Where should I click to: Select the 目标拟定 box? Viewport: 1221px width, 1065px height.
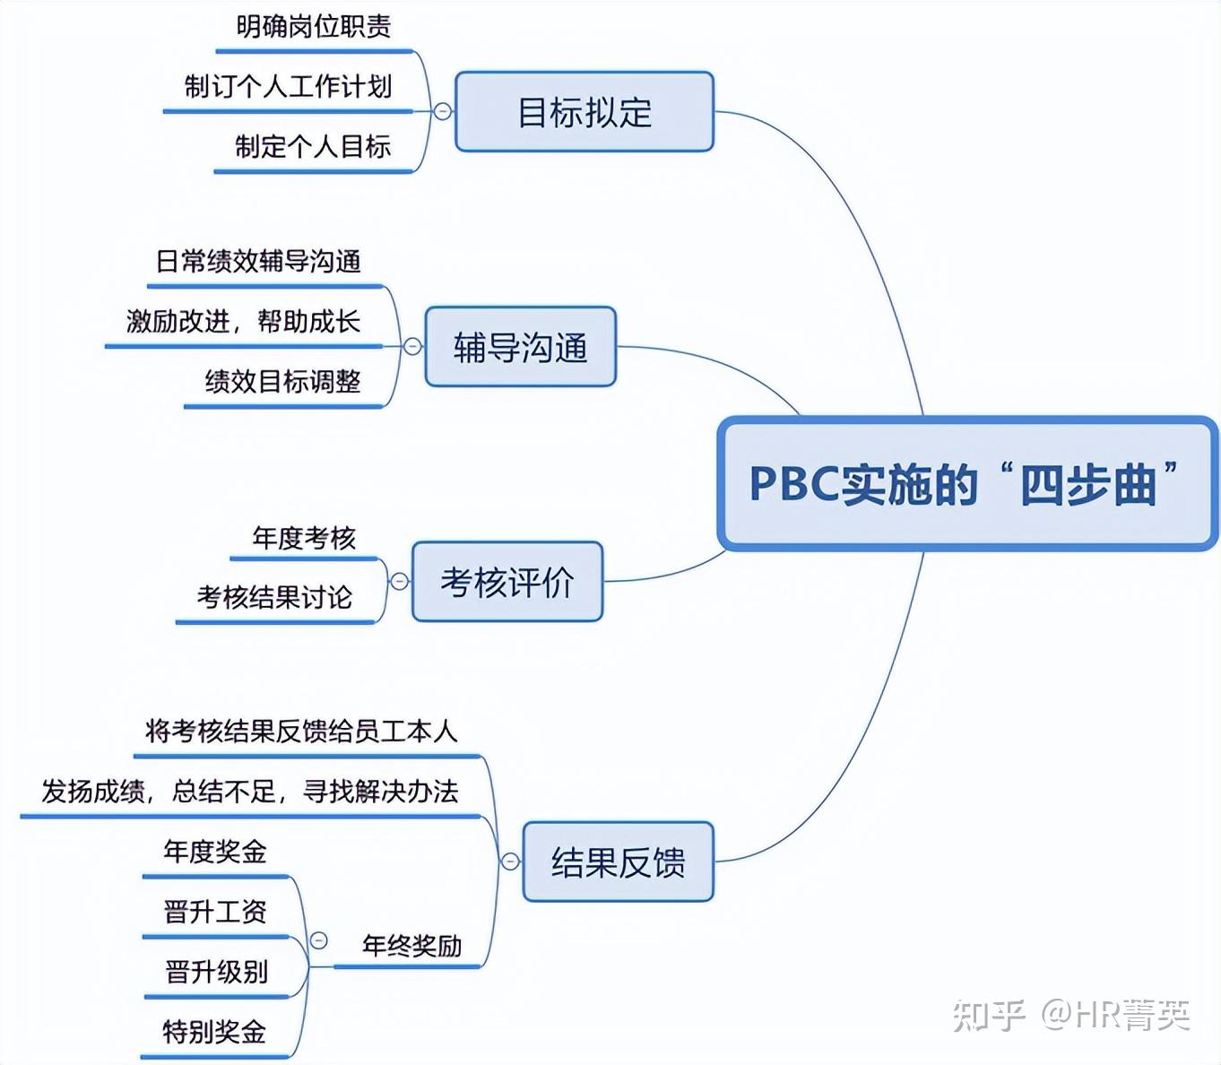(585, 112)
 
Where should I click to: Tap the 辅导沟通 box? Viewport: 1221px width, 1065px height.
(520, 347)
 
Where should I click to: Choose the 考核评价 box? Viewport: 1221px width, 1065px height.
(507, 582)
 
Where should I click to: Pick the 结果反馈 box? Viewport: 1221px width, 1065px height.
(618, 862)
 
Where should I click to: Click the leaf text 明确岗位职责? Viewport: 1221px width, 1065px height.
(314, 27)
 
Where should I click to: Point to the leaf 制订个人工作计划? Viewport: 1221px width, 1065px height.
(288, 87)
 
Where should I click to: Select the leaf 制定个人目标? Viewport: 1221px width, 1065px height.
(313, 146)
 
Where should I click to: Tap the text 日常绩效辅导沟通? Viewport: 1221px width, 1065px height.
(258, 262)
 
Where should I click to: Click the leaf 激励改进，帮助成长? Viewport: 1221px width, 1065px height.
(243, 321)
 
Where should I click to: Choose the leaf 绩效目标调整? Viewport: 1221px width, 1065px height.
(282, 382)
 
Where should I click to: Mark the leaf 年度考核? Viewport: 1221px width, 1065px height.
(304, 538)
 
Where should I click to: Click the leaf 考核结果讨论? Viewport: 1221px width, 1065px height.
(274, 597)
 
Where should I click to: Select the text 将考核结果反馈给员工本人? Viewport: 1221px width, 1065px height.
(301, 732)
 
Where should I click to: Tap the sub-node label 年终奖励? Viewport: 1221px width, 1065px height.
(411, 946)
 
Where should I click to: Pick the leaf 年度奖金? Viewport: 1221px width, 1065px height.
(215, 852)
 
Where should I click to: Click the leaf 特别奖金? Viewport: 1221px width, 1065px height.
(214, 1032)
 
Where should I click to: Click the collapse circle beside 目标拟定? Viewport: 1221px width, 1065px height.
(443, 111)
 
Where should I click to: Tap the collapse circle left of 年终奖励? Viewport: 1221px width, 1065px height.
(318, 940)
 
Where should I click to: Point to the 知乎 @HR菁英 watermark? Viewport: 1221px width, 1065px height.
(1071, 1015)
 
